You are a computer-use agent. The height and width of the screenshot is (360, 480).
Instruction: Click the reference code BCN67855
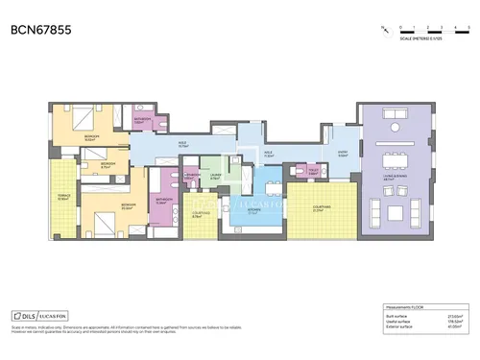pos(40,30)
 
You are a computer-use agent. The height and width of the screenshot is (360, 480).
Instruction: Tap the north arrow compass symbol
pos(385,29)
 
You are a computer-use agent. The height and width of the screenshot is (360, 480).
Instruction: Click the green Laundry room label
pos(217,177)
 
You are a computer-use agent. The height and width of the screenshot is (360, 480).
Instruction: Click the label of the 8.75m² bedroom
pos(108,165)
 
